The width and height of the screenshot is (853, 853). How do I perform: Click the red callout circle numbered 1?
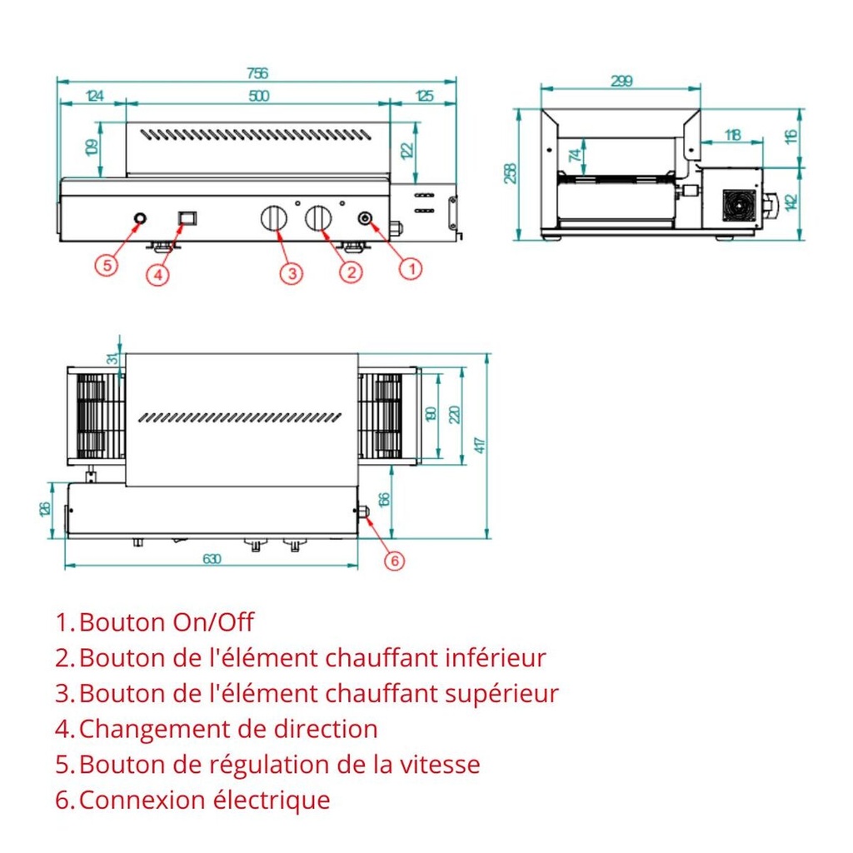tap(411, 268)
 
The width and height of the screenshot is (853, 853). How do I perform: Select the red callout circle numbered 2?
tap(350, 271)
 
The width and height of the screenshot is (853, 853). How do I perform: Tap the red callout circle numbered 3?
tap(290, 272)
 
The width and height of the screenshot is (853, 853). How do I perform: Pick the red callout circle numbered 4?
tap(158, 274)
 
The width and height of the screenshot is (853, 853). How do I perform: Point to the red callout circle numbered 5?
tap(106, 266)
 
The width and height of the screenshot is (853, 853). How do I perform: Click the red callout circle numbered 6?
tap(394, 561)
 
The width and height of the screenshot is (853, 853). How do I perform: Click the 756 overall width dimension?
tap(257, 74)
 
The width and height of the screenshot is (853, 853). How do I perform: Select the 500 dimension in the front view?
tap(258, 97)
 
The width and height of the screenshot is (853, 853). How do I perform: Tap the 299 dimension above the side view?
tap(621, 81)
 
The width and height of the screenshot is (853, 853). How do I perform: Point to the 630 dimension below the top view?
tap(212, 559)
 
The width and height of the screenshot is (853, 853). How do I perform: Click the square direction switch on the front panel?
tap(187, 218)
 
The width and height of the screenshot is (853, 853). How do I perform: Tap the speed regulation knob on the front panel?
tap(140, 218)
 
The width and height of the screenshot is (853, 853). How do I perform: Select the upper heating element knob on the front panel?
tap(273, 219)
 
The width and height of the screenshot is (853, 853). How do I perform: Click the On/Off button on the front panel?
tap(365, 218)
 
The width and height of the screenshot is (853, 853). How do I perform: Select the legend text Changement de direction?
tap(227, 729)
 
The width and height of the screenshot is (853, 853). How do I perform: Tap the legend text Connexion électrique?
tap(204, 801)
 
